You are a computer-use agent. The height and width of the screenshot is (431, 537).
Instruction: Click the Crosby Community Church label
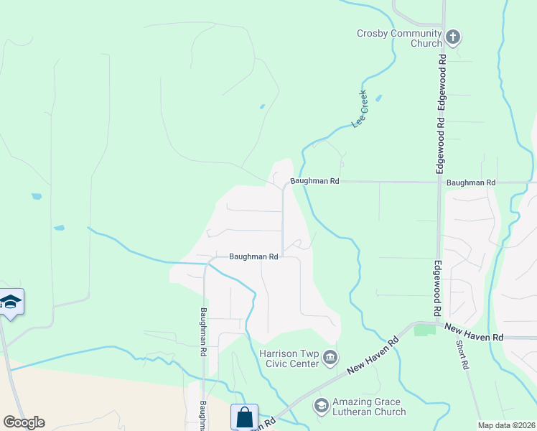pyautogui.click(x=400, y=38)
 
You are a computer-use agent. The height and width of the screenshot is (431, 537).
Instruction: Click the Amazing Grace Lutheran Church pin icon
pyautogui.click(x=321, y=406)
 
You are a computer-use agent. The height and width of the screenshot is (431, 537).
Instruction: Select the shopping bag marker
pyautogui.click(x=244, y=417)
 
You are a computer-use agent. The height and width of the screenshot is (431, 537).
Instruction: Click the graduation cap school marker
pyautogui.click(x=11, y=302)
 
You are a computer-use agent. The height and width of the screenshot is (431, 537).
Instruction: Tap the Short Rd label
pyautogui.click(x=464, y=354)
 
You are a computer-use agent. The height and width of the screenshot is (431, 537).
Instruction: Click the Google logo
pyautogui.click(x=24, y=422)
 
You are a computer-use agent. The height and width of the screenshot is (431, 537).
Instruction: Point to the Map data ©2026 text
pyautogui.click(x=506, y=425)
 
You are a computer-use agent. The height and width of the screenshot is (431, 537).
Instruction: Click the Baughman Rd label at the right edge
pyautogui.click(x=470, y=183)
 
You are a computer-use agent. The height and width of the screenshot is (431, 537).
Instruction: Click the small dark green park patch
pyautogui.click(x=424, y=330)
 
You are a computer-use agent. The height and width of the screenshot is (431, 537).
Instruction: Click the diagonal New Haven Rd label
pyautogui.click(x=373, y=356)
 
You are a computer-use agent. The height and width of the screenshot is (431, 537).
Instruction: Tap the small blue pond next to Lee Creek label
pyautogui.click(x=378, y=98)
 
